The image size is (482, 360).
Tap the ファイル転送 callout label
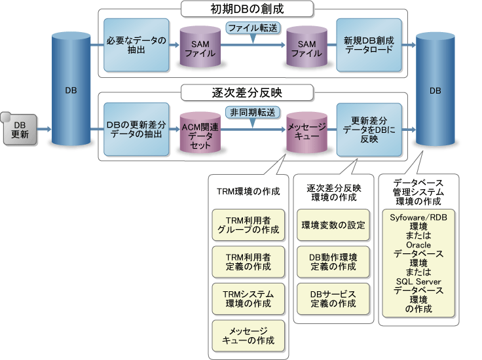(251, 28)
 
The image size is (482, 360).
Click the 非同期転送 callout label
(251, 112)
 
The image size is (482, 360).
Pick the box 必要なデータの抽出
(136, 45)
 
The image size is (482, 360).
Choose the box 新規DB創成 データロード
(369, 45)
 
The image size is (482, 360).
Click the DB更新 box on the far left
(20, 130)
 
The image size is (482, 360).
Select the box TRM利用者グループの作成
(248, 225)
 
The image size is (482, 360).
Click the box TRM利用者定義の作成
(248, 262)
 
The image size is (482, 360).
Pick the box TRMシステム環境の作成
(248, 298)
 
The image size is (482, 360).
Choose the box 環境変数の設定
(333, 225)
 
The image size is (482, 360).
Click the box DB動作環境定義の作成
(333, 262)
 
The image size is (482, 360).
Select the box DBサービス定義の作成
(333, 298)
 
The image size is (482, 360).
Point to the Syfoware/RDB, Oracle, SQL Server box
(418, 262)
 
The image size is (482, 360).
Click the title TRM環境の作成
(248, 192)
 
